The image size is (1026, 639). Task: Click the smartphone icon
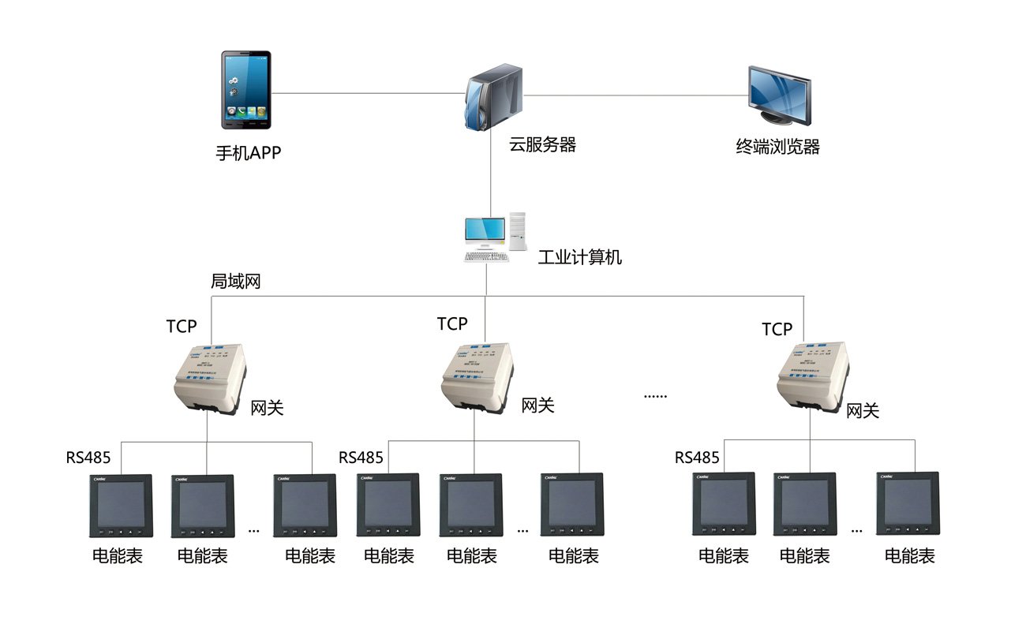(246, 90)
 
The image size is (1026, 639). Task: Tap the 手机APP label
(248, 153)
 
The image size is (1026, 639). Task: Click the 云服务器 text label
(542, 145)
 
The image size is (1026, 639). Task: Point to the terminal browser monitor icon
(778, 95)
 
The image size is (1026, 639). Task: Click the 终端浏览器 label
(777, 148)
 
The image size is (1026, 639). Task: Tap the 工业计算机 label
(579, 258)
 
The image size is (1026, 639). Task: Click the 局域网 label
(235, 282)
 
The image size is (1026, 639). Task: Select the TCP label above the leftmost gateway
(182, 327)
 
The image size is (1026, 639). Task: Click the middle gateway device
(476, 378)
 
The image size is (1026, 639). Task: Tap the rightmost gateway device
(812, 380)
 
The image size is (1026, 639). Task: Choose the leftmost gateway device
(208, 379)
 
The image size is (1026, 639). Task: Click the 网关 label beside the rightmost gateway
(863, 411)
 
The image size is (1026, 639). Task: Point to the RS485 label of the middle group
(361, 458)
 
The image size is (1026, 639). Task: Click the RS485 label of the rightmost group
(697, 458)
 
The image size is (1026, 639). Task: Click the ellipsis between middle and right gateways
(656, 394)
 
